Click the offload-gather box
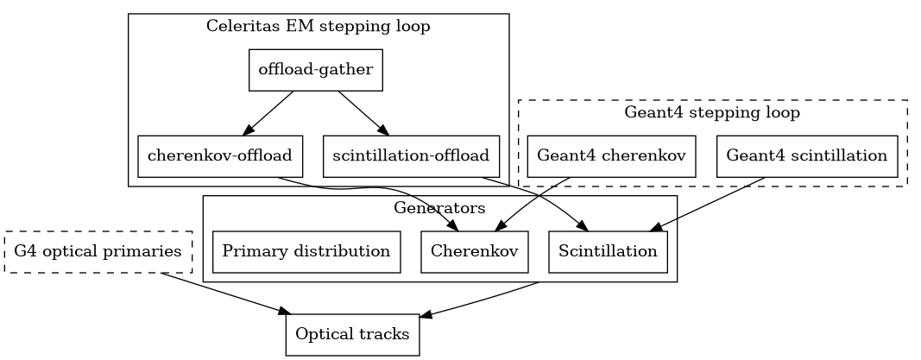pyautogui.click(x=315, y=70)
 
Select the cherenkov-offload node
pyautogui.click(x=220, y=156)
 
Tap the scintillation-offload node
pyautogui.click(x=411, y=156)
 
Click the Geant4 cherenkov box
pyautogui.click(x=611, y=156)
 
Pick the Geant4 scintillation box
pyautogui.click(x=807, y=156)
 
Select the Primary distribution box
pyautogui.click(x=306, y=251)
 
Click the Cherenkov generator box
pyautogui.click(x=474, y=251)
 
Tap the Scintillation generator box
pyautogui.click(x=608, y=251)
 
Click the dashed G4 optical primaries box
pyautogui.click(x=98, y=252)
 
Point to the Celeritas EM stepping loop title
pyautogui.click(x=318, y=26)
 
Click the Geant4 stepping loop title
pyautogui.click(x=712, y=112)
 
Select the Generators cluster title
pyautogui.click(x=439, y=208)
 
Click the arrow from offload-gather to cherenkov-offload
pyautogui.click(x=268, y=113)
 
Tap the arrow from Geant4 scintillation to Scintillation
pyautogui.click(x=708, y=205)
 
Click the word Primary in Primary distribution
pyautogui.click(x=250, y=251)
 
